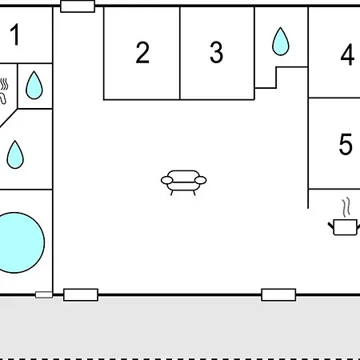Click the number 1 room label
click(15, 34)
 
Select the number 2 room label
click(142, 52)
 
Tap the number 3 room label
click(216, 52)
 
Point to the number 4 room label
click(347, 54)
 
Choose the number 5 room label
click(346, 144)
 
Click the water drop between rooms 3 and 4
click(281, 42)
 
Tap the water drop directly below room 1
click(34, 85)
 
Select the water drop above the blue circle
click(15, 154)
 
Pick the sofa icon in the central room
click(184, 182)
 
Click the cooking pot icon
click(345, 227)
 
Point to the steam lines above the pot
click(346, 207)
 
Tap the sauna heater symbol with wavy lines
click(3, 90)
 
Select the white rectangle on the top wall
click(78, 6)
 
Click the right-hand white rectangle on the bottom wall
click(278, 294)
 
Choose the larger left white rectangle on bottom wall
click(81, 294)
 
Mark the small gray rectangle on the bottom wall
click(44, 294)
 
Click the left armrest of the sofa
click(167, 180)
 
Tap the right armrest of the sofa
click(201, 180)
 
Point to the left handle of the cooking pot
click(331, 226)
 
